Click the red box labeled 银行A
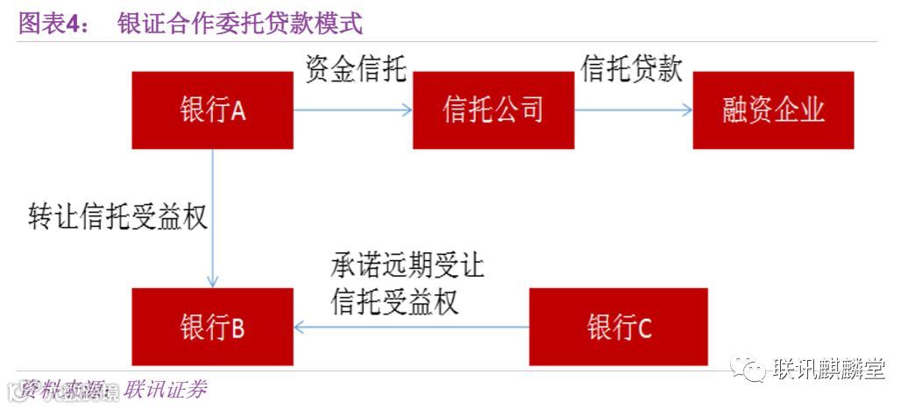(212, 110)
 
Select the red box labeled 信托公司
(493, 110)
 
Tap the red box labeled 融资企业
(773, 110)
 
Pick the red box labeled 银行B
(212, 328)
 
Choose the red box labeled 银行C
(619, 328)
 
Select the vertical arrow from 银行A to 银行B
(213, 219)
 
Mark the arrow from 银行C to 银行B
(412, 328)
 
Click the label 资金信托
(355, 70)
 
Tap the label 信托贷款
(631, 70)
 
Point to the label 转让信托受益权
(117, 217)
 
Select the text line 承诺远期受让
(407, 264)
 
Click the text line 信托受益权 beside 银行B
(394, 301)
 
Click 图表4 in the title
(53, 23)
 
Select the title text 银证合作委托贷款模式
(239, 23)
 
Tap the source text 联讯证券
(166, 389)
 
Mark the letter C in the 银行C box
(644, 328)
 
